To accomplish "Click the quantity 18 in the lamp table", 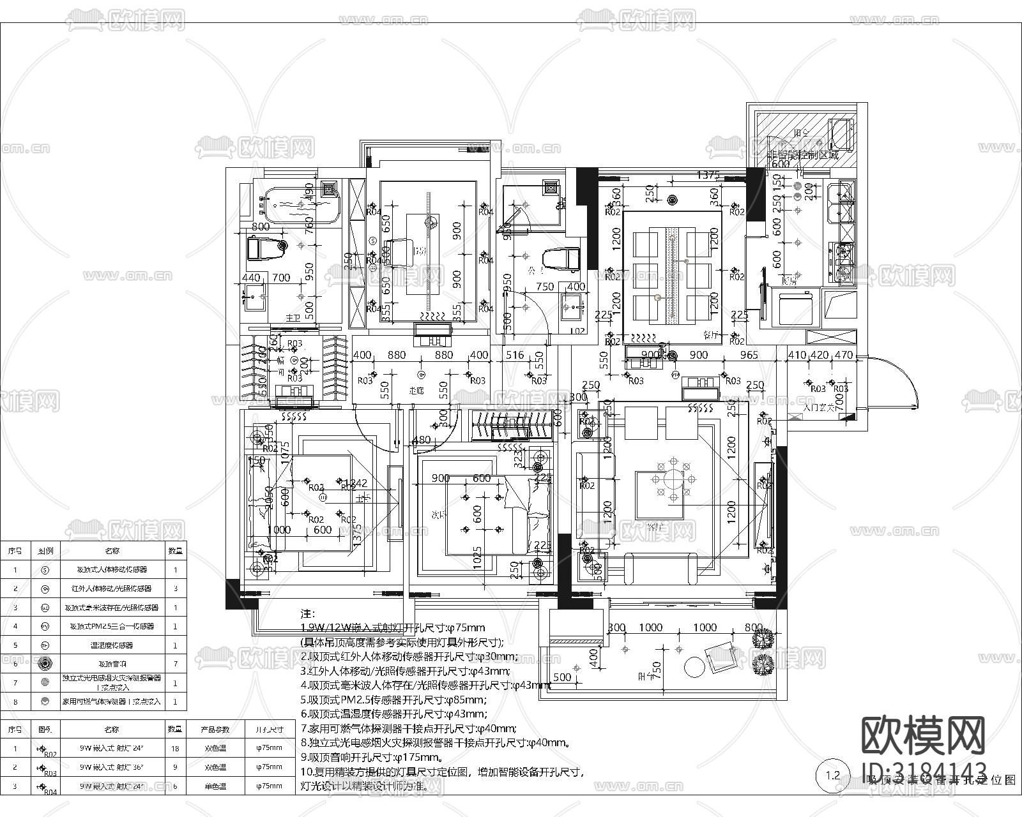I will click(175, 749).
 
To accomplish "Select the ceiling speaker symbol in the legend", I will click(44, 664).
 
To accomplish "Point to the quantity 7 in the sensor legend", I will click(176, 664).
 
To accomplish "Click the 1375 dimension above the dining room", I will click(708, 174).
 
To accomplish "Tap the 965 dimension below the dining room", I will click(749, 355).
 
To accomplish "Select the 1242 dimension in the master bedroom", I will click(355, 483).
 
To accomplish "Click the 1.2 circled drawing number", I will click(832, 776).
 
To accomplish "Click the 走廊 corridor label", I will click(416, 391).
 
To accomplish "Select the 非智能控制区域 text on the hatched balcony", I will click(802, 154).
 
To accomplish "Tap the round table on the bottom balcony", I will click(694, 667).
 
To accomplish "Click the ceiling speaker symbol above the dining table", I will click(671, 200).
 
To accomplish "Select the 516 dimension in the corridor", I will click(514, 355).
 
